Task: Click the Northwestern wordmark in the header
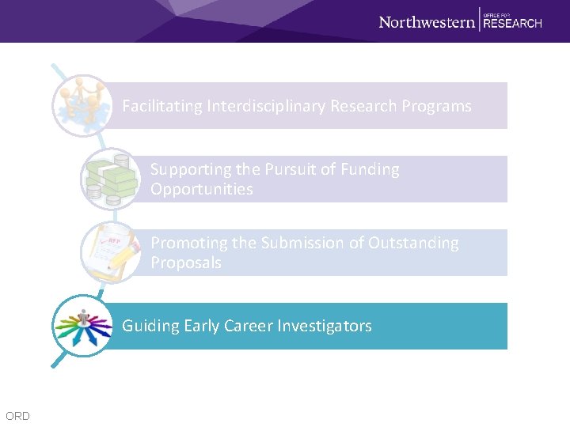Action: point(427,22)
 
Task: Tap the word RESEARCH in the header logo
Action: point(512,24)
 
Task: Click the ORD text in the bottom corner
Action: point(17,416)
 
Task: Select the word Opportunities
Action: point(202,189)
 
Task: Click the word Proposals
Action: point(186,263)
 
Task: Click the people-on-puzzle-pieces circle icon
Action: point(80,104)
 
